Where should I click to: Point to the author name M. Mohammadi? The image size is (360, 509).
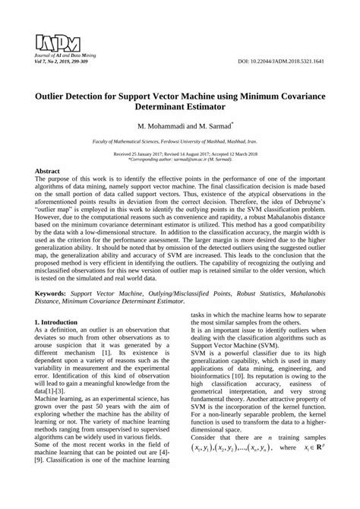click(159, 123)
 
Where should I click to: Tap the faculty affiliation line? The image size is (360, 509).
click(179, 142)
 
